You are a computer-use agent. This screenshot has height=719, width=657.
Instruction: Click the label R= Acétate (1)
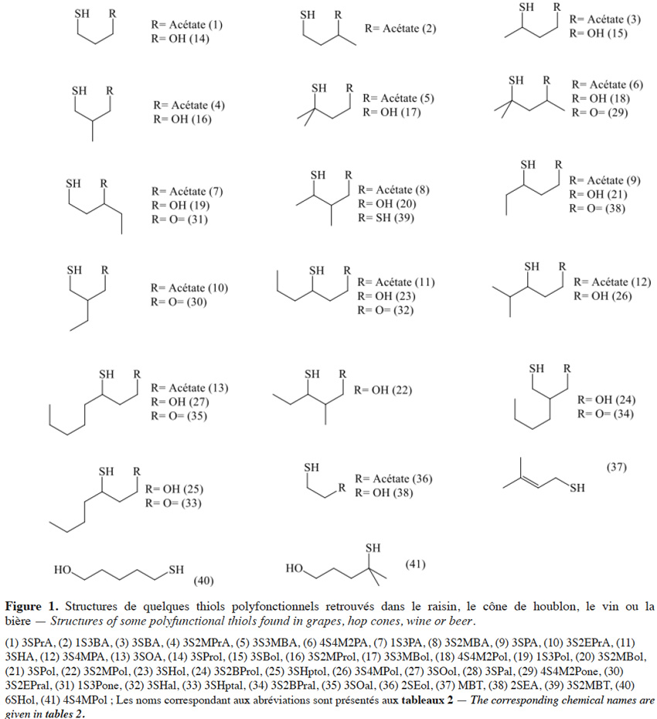tap(187, 24)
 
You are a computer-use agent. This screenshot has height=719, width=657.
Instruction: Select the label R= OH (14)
tap(180, 39)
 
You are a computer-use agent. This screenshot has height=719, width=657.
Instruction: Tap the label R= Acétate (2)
tap(400, 29)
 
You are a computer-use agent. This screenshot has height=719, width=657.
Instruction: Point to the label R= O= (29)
tap(600, 112)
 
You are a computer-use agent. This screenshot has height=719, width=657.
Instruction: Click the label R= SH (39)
tap(386, 217)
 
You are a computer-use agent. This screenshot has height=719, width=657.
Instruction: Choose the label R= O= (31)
tap(180, 220)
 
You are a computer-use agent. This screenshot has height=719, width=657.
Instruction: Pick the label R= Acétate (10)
tap(189, 288)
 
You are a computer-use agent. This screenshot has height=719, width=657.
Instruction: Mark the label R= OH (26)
tap(602, 296)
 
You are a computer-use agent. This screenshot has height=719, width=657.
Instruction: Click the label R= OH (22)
tap(383, 390)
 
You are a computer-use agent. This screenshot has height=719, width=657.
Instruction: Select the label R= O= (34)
tap(605, 414)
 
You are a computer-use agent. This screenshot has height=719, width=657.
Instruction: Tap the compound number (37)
tap(617, 467)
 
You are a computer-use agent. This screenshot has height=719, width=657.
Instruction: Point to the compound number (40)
tap(203, 581)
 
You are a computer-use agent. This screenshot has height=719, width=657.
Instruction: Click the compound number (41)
tap(415, 564)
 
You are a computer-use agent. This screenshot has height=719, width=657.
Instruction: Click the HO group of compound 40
tap(63, 570)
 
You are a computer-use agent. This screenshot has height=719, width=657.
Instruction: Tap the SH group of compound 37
tap(577, 488)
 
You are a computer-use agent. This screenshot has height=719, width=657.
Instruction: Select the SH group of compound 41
tap(373, 548)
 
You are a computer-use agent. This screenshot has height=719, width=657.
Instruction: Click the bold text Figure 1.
tap(32, 607)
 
